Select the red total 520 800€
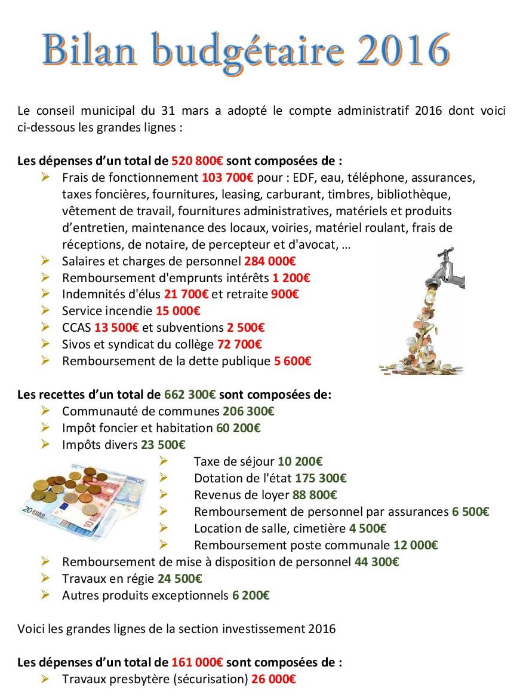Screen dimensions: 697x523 click(198, 161)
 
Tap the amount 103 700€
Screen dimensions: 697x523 click(227, 178)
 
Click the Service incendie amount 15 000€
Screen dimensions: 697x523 click(178, 311)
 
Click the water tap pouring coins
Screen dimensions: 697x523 click(422, 311)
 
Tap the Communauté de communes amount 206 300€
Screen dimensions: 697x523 click(248, 411)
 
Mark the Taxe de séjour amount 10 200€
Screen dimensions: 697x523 click(300, 461)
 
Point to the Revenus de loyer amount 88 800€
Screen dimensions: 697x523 click(315, 495)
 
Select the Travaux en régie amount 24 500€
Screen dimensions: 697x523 click(180, 579)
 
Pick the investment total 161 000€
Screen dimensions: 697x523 click(197, 662)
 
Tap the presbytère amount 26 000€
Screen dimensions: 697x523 click(273, 679)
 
